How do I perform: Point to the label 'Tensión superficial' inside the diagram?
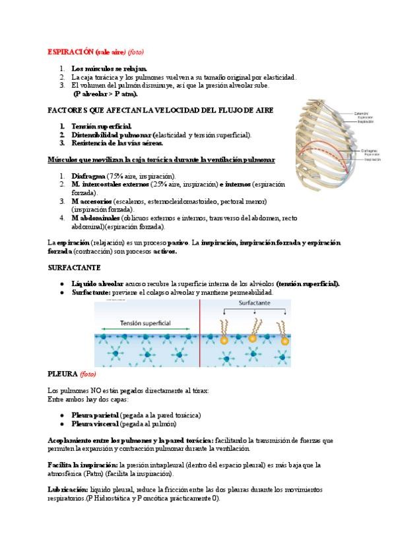click(x=146, y=324)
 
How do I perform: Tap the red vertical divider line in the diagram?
click(x=200, y=333)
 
